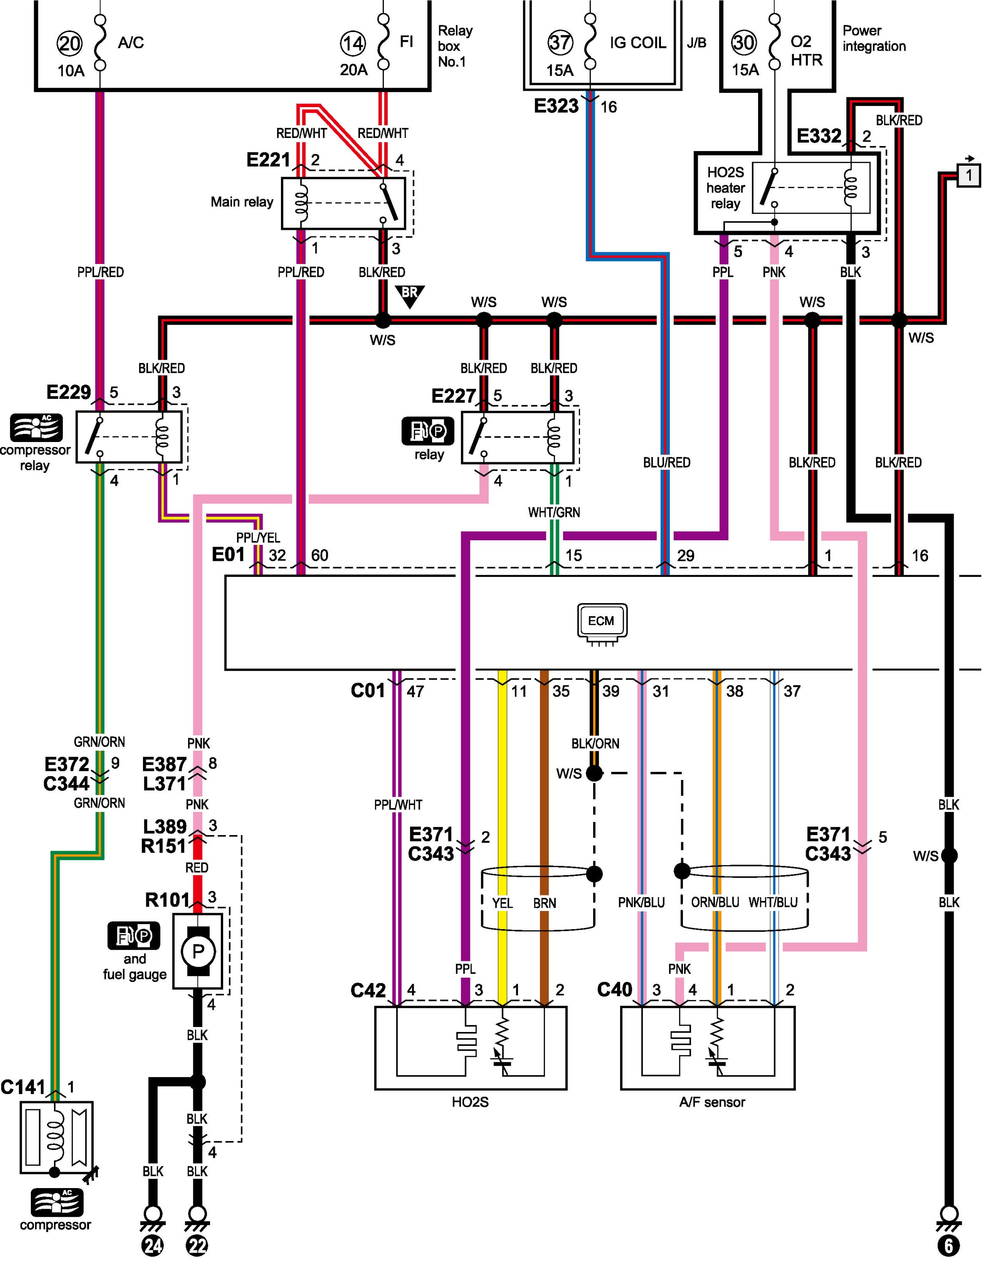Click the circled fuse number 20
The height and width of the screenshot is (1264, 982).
tap(70, 43)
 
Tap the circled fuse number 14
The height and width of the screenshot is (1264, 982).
tap(352, 43)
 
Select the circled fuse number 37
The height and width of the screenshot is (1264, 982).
tap(560, 42)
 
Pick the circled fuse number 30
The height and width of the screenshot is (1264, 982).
tap(743, 42)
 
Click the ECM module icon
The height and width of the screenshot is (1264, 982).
tap(602, 621)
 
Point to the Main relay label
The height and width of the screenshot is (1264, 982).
tap(241, 202)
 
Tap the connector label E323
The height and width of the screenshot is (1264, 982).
tap(556, 106)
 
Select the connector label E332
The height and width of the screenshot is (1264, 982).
tap(819, 136)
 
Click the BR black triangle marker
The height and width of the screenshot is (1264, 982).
tap(409, 294)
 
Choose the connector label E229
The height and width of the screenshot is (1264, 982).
tap(68, 392)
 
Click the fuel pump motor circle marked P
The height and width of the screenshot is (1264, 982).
tap(198, 951)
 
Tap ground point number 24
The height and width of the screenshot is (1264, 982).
tap(152, 1245)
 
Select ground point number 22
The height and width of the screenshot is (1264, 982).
tap(197, 1245)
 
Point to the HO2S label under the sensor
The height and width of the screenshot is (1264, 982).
tap(470, 1102)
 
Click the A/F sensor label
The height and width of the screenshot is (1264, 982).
tap(712, 1102)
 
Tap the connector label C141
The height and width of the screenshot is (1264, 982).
tap(23, 1087)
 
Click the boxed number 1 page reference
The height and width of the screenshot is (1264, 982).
tap(969, 174)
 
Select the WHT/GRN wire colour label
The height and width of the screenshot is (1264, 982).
tap(553, 512)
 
